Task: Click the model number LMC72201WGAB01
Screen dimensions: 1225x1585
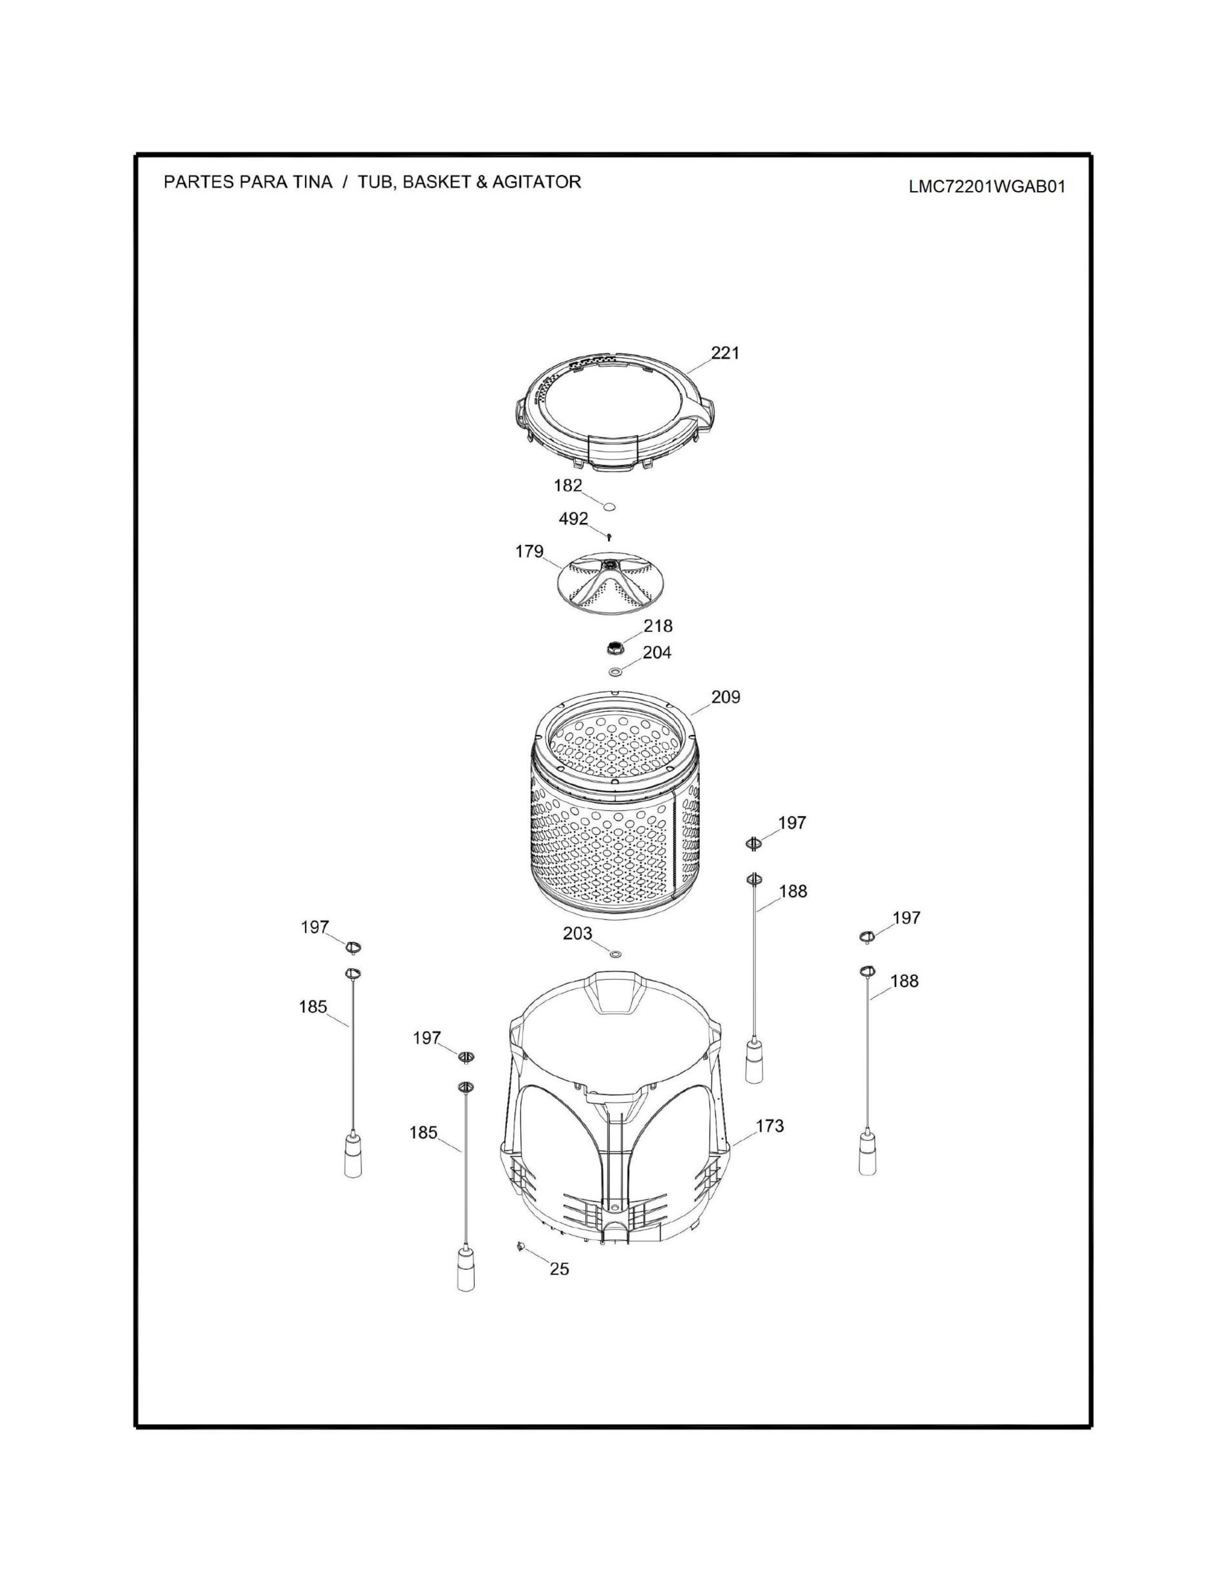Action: [x=987, y=186]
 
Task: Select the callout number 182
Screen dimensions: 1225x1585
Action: [x=568, y=486]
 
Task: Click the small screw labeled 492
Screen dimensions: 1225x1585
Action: [x=610, y=536]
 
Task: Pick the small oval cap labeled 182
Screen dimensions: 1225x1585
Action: [x=610, y=505]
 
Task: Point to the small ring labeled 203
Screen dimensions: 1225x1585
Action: [x=615, y=953]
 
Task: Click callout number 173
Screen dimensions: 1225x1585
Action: [x=769, y=1126]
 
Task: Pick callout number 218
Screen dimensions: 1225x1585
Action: [x=658, y=625]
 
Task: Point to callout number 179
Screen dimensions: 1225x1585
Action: [x=529, y=551]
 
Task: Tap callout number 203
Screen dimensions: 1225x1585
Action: [x=577, y=933]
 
